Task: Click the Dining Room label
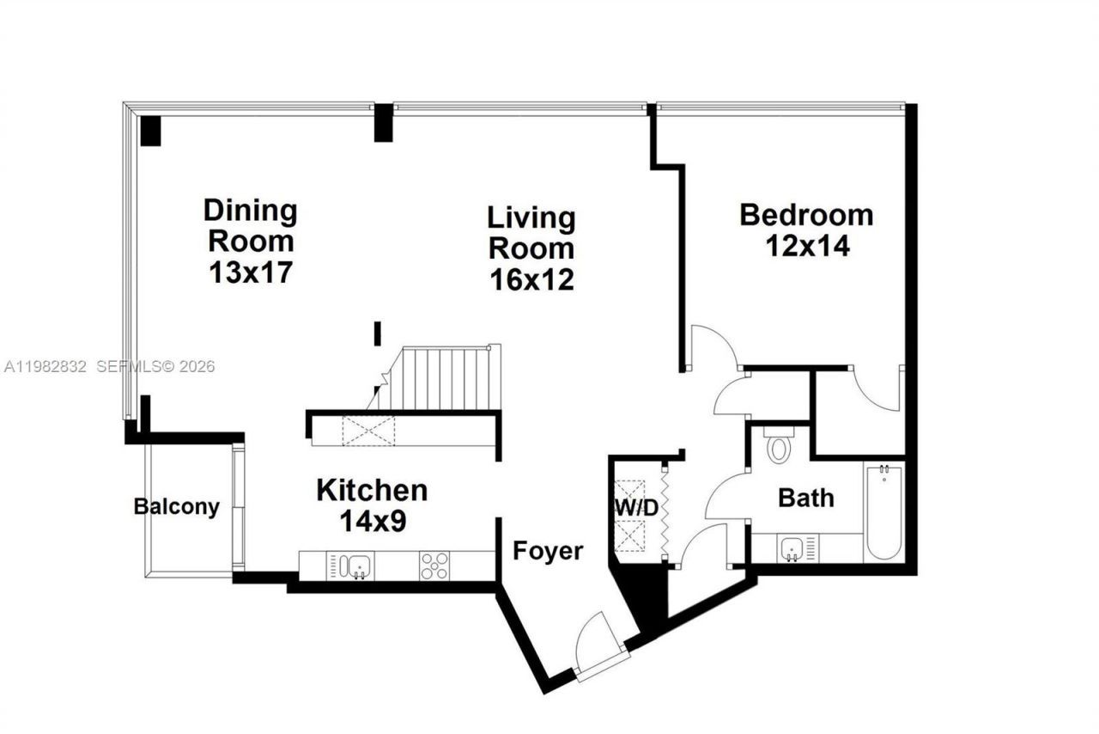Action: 251,225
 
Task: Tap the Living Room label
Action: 531,232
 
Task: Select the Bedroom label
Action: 806,214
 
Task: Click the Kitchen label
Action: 372,491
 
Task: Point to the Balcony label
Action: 176,507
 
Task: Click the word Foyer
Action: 548,551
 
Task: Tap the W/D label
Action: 635,508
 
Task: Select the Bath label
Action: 805,498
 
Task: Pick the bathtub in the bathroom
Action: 883,512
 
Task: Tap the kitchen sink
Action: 358,566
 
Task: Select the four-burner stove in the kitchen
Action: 434,566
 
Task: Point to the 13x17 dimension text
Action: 251,273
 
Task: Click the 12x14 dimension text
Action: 806,247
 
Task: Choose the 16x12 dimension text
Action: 531,279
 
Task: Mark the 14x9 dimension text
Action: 372,522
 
